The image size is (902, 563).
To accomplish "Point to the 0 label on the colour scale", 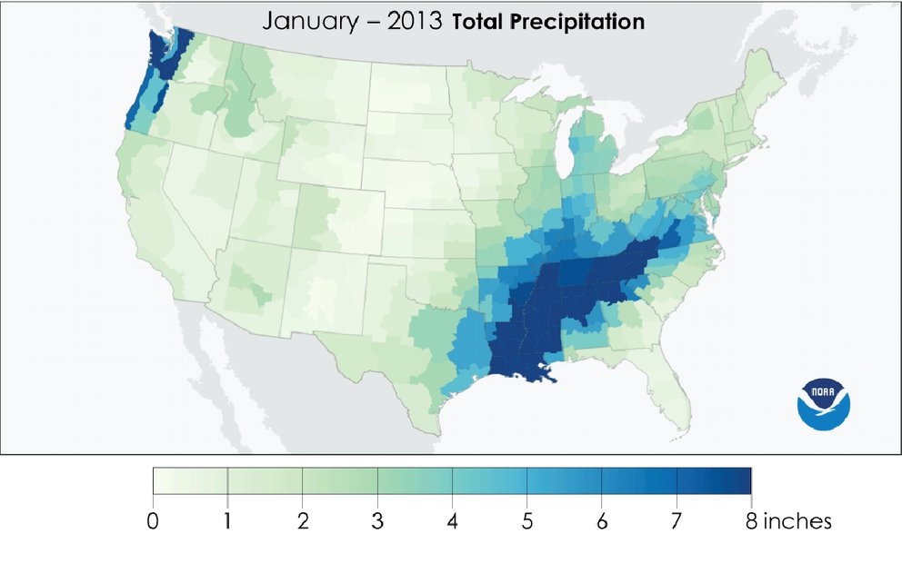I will (153, 522).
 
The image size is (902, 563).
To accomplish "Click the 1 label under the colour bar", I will (227, 522).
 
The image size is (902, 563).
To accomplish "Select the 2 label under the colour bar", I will (302, 522).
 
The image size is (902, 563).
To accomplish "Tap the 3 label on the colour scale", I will (377, 522).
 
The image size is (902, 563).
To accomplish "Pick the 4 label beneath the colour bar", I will (452, 522).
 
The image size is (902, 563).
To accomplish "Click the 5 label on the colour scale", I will (526, 522).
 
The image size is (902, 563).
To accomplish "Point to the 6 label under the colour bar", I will (601, 522).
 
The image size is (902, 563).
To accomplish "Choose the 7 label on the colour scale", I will (676, 522).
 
